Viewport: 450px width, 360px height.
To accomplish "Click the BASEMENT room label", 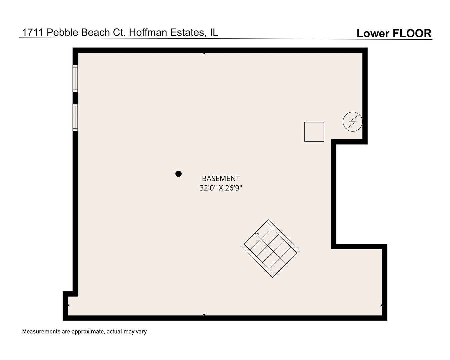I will [x=221, y=179].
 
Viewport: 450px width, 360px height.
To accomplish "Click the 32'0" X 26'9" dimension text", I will [x=221, y=188].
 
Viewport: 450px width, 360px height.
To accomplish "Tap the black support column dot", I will [x=178, y=174].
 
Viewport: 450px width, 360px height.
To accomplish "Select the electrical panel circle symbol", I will [x=352, y=122].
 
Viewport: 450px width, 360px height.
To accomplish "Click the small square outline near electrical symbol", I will [x=314, y=132].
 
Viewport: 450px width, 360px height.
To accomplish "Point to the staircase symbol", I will [x=270, y=248].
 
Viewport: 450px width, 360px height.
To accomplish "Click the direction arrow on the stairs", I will [x=257, y=235].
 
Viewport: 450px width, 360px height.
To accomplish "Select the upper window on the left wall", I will [x=75, y=78].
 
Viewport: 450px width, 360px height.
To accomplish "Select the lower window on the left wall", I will [x=75, y=117].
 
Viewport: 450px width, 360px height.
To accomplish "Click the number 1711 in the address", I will [x=33, y=32].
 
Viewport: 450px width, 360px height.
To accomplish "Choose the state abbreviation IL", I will [x=214, y=32].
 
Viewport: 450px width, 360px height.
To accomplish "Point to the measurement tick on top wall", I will [x=204, y=53].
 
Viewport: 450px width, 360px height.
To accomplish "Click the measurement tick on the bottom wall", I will [x=204, y=314].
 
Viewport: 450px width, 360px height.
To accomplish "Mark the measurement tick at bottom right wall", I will [x=381, y=305].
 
